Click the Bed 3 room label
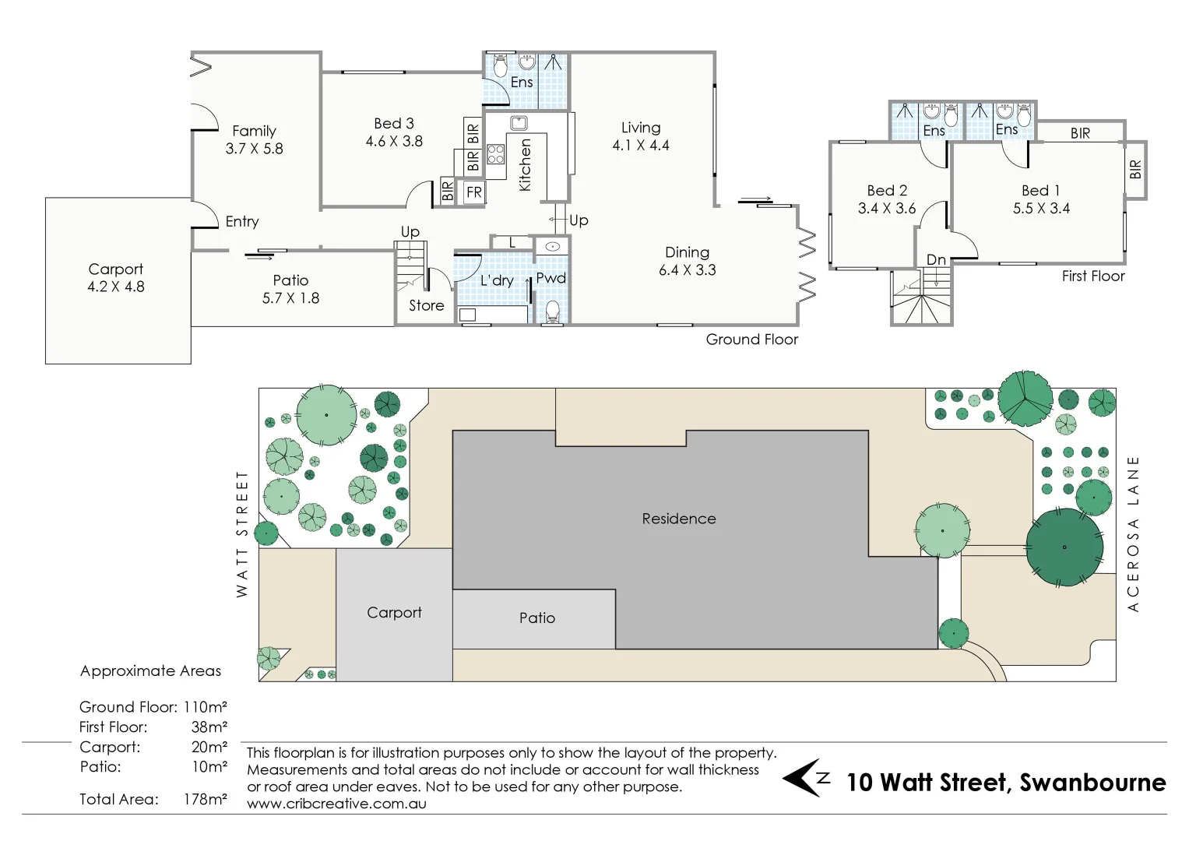pyautogui.click(x=394, y=124)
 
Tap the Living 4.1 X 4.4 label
pyautogui.click(x=641, y=136)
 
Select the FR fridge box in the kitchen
pyautogui.click(x=474, y=192)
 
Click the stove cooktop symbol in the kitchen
pyautogui.click(x=496, y=154)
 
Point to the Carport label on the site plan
pyautogui.click(x=394, y=613)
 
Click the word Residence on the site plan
pyautogui.click(x=679, y=519)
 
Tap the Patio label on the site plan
pyautogui.click(x=537, y=618)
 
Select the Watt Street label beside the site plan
pyautogui.click(x=242, y=534)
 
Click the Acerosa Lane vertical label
pyautogui.click(x=1133, y=534)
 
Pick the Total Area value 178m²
pyautogui.click(x=206, y=799)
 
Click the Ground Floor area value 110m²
pyautogui.click(x=206, y=707)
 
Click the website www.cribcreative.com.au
pyautogui.click(x=336, y=804)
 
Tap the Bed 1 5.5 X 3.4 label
pyautogui.click(x=1041, y=199)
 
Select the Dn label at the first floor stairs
pyautogui.click(x=936, y=259)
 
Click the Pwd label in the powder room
pyautogui.click(x=551, y=278)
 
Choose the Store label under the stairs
pyautogui.click(x=427, y=306)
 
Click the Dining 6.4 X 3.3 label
pyautogui.click(x=687, y=261)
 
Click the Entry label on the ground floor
pyautogui.click(x=242, y=222)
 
